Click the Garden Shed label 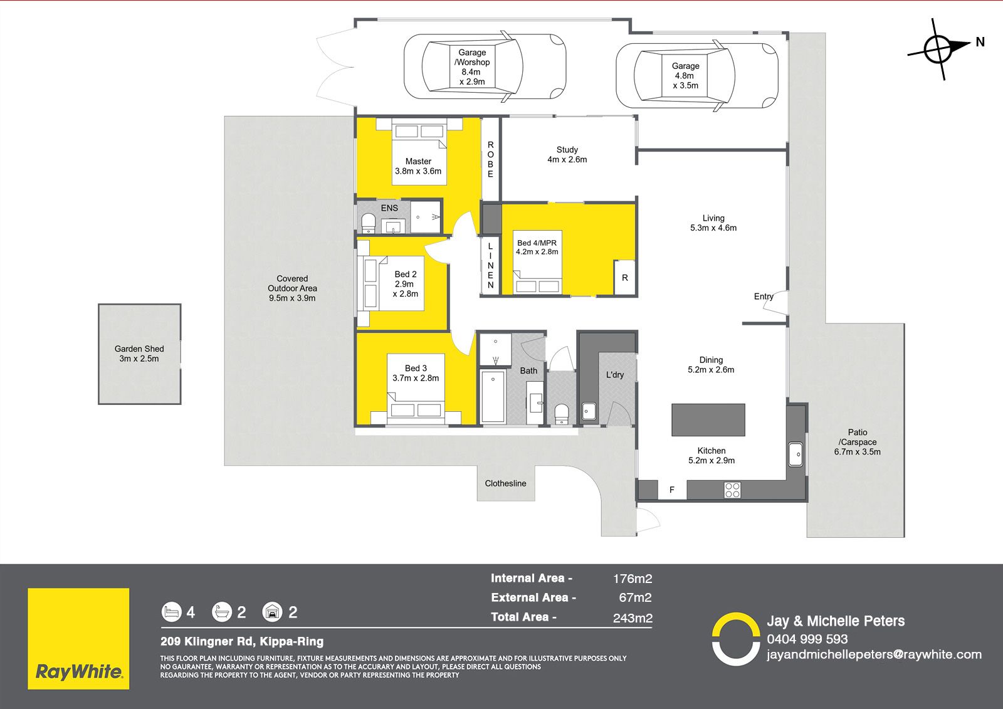139,354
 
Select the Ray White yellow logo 78,639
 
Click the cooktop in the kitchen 733,490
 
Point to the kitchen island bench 708,419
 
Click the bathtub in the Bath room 493,396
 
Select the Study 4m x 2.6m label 567,154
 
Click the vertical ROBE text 490,159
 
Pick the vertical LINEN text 490,266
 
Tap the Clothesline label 505,483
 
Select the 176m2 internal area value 633,579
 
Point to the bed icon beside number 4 172,612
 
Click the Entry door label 764,297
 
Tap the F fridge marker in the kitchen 671,490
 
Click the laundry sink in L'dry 589,411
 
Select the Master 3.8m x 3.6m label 418,166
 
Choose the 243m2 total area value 633,618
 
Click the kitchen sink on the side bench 796,454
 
